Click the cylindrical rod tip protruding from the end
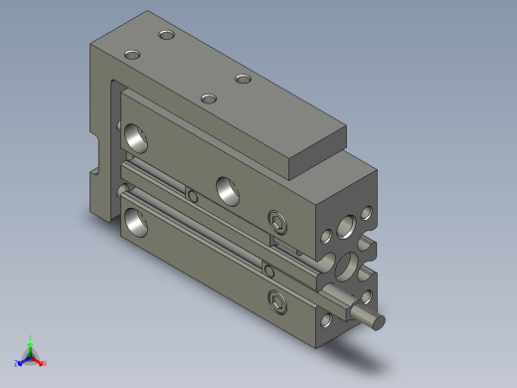coord(375,320)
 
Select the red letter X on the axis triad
coord(45,363)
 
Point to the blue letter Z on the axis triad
coord(17,363)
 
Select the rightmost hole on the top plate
coord(243,79)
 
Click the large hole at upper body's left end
coord(134,137)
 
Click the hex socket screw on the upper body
coord(277,219)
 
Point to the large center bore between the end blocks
coord(349,266)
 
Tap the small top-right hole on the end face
coord(366,212)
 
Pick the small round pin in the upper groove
coord(193,197)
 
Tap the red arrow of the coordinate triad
coord(39,360)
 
